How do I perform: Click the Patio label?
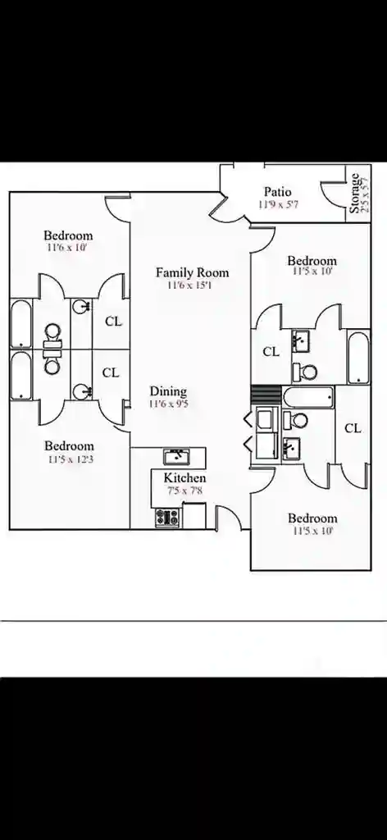point(278,192)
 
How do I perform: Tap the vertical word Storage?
point(355,194)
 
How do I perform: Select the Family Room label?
point(192,272)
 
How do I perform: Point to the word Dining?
point(168,391)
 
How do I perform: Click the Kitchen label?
point(184,477)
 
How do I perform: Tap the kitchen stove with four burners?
point(167,518)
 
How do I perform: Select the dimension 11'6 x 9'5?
point(168,404)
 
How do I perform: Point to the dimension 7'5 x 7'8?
point(184,491)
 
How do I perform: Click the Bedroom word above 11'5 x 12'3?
point(69,445)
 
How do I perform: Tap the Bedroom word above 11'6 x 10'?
point(68,235)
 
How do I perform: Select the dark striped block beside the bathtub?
point(266,394)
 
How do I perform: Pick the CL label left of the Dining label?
point(111,372)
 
